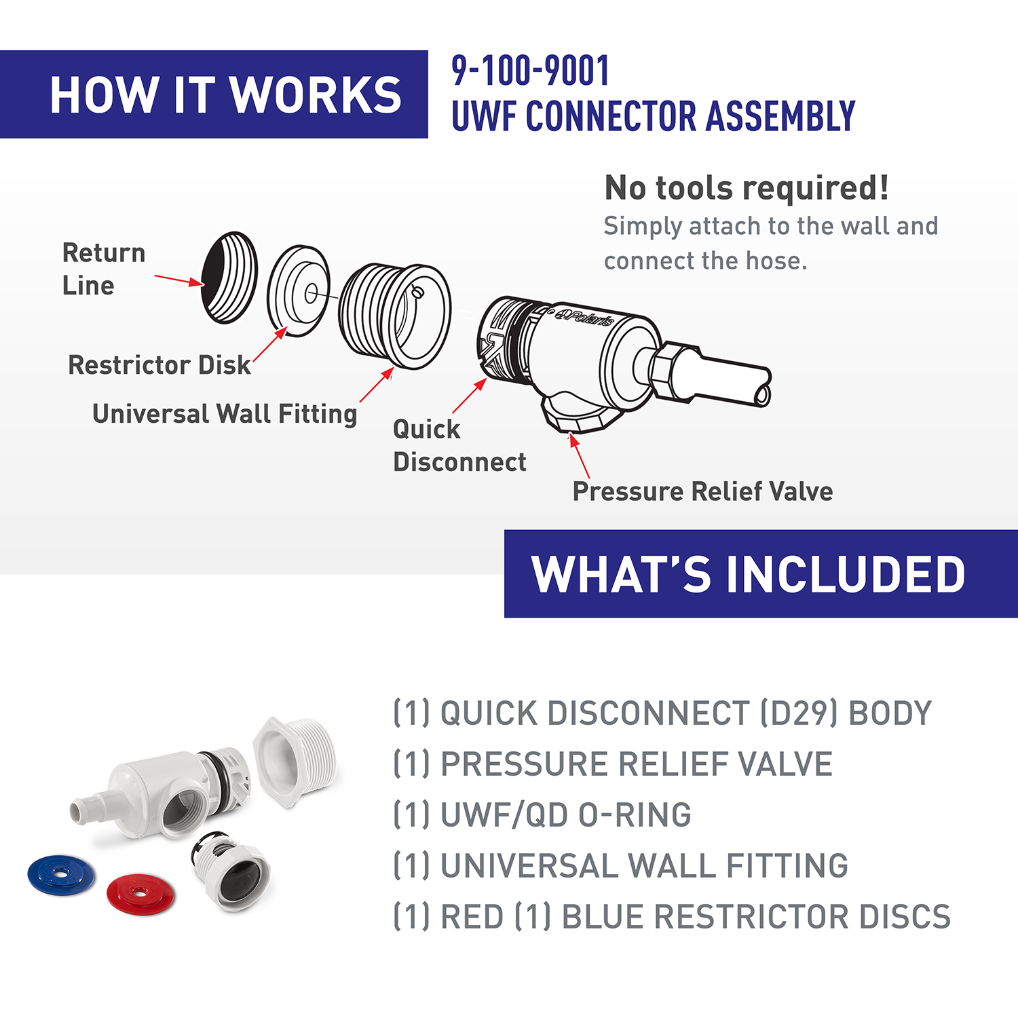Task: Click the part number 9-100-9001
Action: coord(530,71)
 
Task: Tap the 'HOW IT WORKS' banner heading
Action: coord(226,94)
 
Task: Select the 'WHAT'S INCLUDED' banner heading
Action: coord(748,574)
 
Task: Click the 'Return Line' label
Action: coord(104,269)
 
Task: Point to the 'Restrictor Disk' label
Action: coord(159,365)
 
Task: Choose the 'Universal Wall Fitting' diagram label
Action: coord(225,414)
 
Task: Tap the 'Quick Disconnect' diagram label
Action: coord(459,445)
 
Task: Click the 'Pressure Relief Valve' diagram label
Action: coord(702,491)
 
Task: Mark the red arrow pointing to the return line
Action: coord(178,280)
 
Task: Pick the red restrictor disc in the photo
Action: coord(140,893)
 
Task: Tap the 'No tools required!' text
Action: coord(747,188)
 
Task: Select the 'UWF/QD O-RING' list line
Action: coord(542,815)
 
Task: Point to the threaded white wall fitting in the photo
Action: coord(294,761)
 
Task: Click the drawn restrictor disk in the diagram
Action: coord(298,290)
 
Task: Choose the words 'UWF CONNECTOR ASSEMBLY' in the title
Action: coord(653,115)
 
